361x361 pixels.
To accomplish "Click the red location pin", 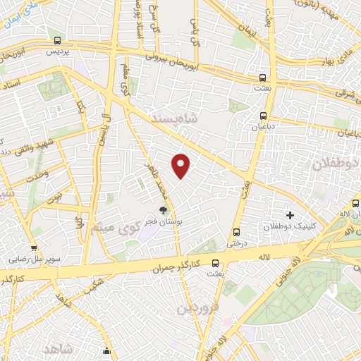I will pos(181,165).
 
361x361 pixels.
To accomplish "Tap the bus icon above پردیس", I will pos(55,40).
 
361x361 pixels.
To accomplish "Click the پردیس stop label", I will pos(55,52).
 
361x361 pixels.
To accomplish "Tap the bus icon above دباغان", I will pos(263,116).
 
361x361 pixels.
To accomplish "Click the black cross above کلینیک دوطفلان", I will pos(289,214).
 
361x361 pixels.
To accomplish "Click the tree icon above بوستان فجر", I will pos(164,210).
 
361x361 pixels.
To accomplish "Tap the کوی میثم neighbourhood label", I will pos(113,228).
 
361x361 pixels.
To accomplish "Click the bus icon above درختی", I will pos(235,231).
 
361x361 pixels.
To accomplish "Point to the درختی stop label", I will pos(235,242).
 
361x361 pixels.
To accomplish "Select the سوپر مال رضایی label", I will pos(34,259).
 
